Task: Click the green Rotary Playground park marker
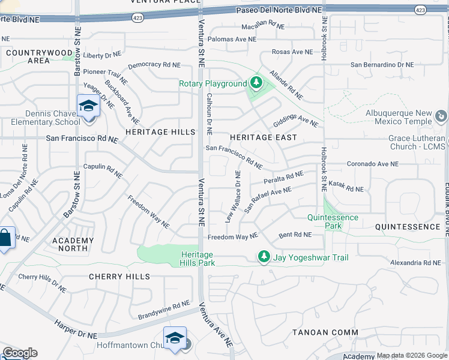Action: click(256, 83)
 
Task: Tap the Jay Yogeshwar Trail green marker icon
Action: click(263, 257)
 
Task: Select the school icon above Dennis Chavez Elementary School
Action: click(88, 106)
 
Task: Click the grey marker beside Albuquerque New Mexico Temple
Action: click(441, 115)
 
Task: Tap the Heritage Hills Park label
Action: click(198, 259)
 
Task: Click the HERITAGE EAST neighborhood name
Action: click(264, 137)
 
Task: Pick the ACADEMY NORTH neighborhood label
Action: click(73, 245)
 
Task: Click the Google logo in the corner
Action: click(20, 353)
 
